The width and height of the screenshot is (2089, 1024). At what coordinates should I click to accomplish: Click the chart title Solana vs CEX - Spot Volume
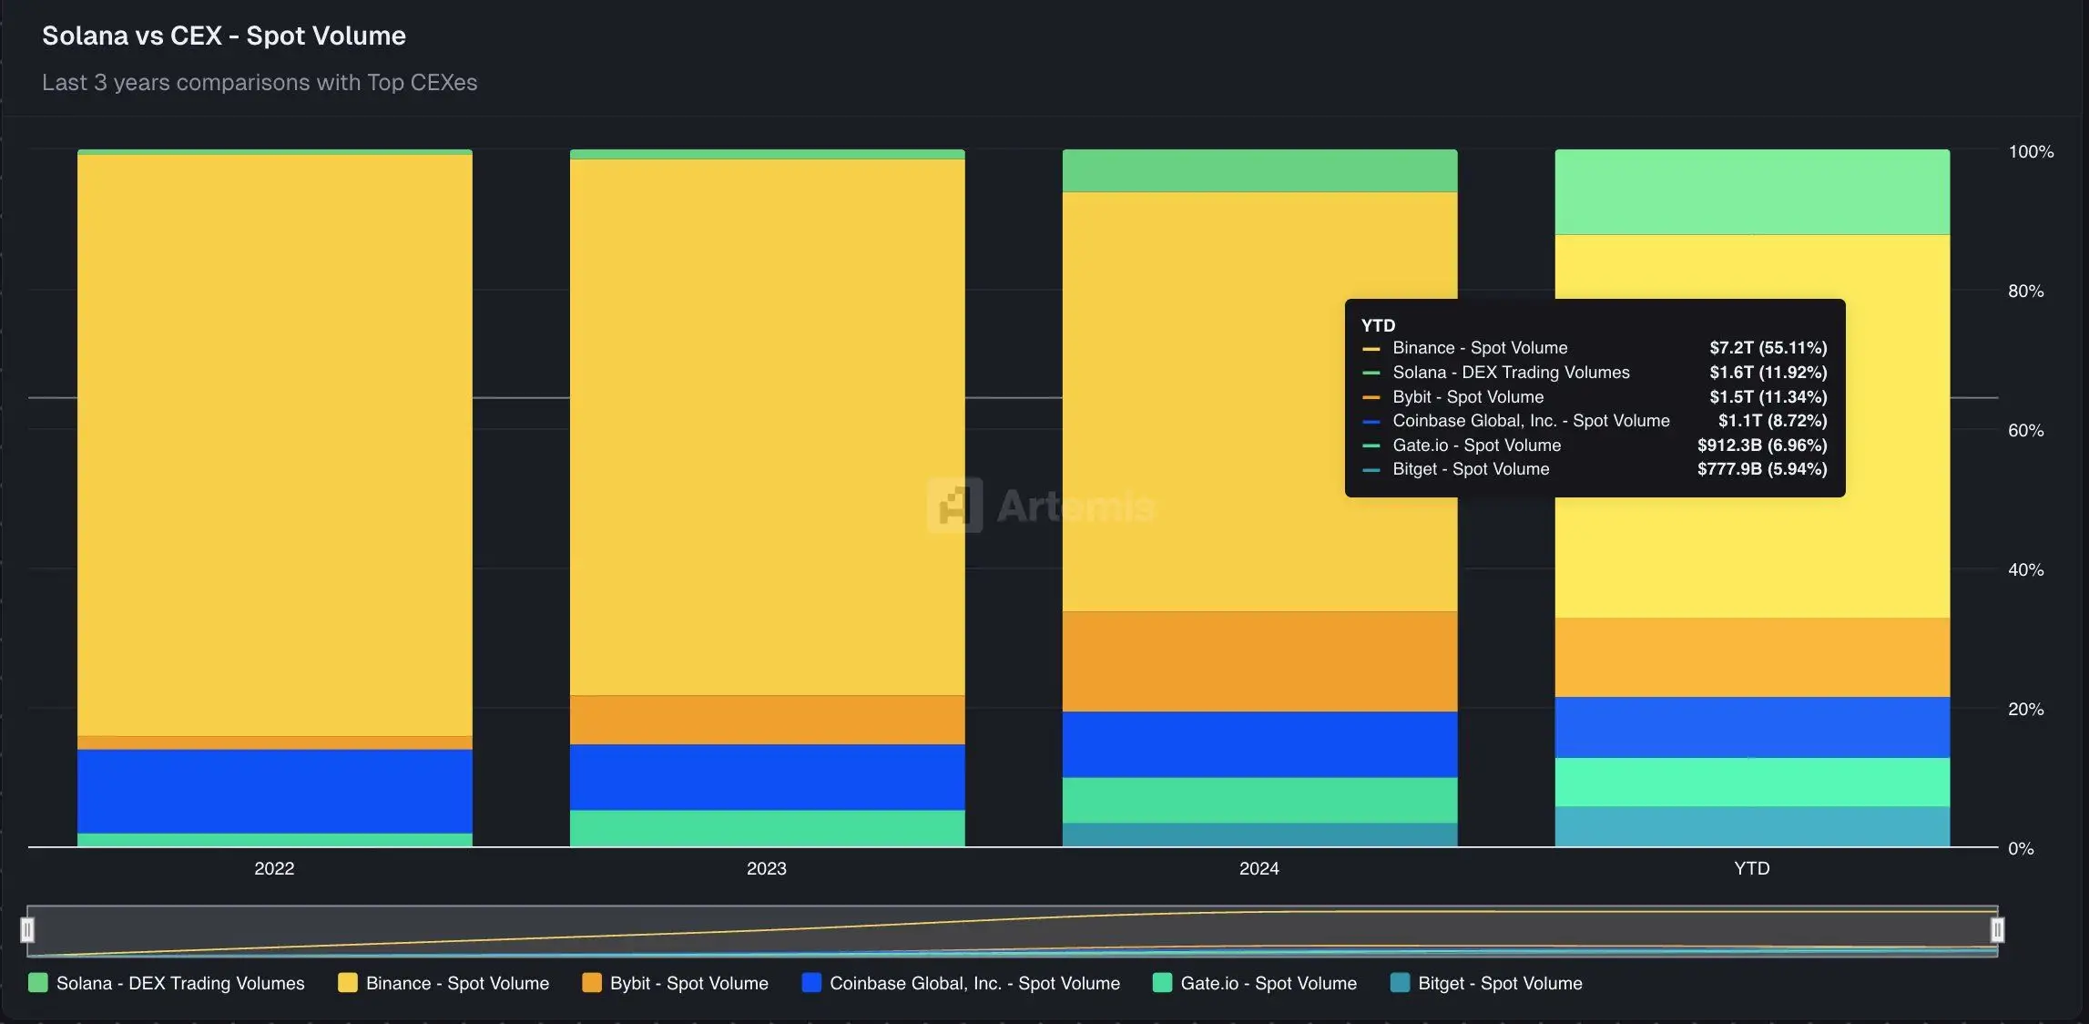(224, 36)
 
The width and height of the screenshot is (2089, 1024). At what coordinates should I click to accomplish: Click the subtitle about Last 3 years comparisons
(260, 82)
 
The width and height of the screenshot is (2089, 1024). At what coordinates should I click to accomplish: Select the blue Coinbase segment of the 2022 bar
(274, 791)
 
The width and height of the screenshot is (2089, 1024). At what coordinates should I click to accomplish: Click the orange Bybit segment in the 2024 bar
(1259, 661)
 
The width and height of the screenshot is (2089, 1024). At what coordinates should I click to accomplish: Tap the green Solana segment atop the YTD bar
(1752, 192)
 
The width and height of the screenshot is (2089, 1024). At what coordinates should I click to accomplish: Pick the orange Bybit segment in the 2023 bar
(767, 720)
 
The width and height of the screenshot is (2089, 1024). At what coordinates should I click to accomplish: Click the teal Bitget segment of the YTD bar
(1752, 826)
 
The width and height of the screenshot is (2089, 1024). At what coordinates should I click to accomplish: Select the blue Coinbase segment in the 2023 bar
(767, 777)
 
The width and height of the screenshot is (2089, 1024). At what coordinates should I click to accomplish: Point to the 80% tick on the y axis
(2025, 292)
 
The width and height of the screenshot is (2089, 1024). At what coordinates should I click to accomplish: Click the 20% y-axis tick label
(2025, 709)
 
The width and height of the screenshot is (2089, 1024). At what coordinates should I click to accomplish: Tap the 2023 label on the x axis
(767, 868)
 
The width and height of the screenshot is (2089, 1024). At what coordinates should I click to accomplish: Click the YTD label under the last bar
(1752, 868)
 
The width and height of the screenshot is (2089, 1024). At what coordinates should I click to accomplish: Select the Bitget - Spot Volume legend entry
(1487, 983)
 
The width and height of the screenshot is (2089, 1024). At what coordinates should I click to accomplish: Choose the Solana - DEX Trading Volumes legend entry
(168, 983)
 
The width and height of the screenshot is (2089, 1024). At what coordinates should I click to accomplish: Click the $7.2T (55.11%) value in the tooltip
(1768, 348)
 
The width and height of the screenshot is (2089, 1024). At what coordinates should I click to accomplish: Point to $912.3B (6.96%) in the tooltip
(1762, 445)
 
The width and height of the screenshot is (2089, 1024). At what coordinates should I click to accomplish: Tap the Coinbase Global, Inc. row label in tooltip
(1531, 421)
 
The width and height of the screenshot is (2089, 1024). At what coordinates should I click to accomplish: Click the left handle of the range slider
(27, 930)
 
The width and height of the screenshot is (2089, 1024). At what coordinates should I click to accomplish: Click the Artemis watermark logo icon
(954, 505)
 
